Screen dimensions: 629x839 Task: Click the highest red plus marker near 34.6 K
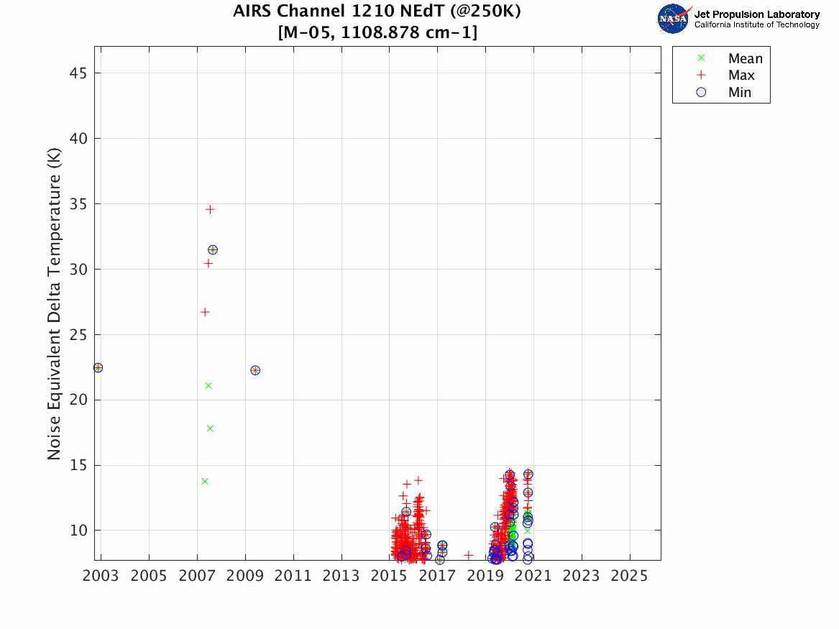210,209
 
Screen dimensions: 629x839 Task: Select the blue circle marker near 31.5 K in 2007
213,249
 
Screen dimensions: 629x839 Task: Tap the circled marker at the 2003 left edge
98,367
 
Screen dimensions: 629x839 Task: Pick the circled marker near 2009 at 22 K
255,370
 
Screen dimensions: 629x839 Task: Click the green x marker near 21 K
208,385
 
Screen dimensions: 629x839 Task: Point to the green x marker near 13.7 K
205,481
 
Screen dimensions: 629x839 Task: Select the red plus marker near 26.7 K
205,312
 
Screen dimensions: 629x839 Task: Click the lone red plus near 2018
469,555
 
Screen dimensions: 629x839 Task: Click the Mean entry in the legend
745,59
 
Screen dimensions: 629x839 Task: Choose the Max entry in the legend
741,75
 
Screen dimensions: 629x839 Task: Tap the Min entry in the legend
739,92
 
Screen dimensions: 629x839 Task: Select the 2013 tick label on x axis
341,577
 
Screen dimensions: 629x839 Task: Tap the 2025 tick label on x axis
630,577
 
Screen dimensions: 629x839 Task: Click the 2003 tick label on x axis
101,577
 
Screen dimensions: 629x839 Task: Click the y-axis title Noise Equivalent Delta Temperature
54,304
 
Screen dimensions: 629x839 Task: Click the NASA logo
674,19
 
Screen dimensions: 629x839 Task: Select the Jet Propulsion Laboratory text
756,14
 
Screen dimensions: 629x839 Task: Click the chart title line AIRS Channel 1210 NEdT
377,12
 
